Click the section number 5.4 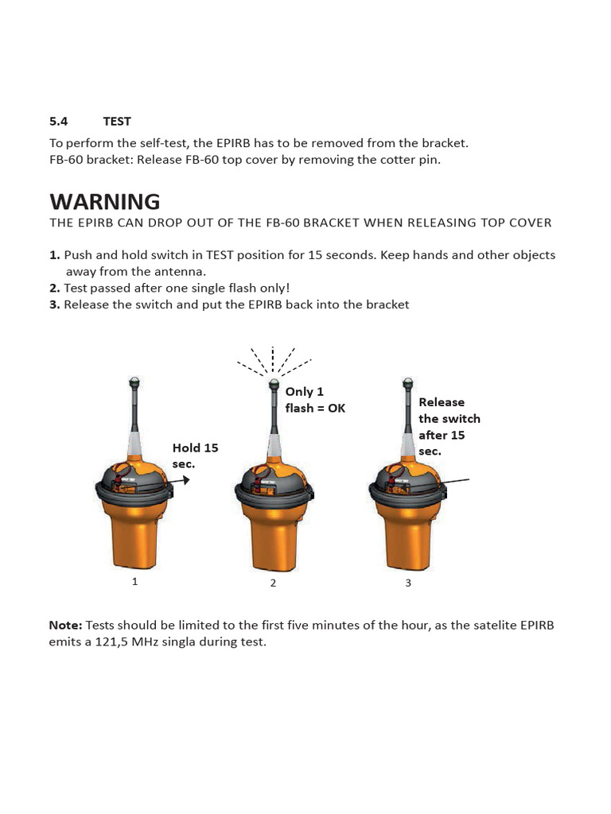coord(58,122)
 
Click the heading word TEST coord(117,122)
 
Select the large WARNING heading coord(104,201)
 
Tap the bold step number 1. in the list coord(55,255)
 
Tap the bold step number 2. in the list coord(55,288)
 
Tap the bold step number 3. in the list coord(55,304)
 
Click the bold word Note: coord(65,625)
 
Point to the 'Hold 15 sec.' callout coord(195,455)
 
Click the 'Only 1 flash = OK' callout coord(315,400)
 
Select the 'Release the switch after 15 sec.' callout coord(449,427)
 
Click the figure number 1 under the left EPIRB coord(134,581)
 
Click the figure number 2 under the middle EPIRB coord(273,583)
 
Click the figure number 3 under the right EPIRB coord(408,583)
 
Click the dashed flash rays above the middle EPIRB coord(273,360)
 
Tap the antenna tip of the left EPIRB coord(134,381)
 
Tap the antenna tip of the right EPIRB coord(408,382)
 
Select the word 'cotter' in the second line coord(399,160)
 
